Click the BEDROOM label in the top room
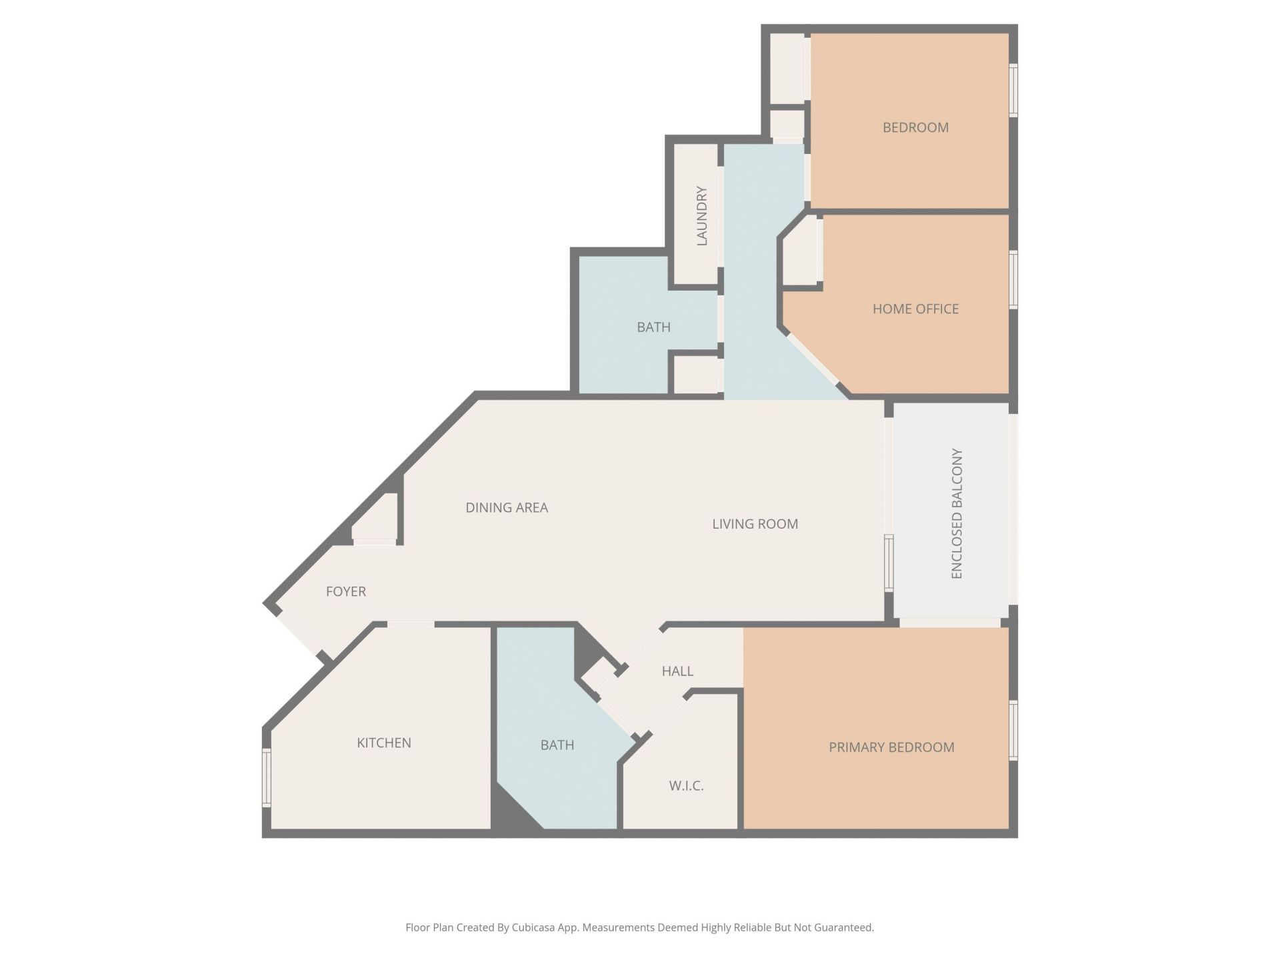[915, 127]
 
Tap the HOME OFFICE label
[915, 309]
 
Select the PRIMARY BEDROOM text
[891, 747]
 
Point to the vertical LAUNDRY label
[701, 216]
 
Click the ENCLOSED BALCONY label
[957, 513]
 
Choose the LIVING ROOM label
[755, 524]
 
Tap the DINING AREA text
[507, 507]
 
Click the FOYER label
[345, 591]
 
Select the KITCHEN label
[383, 743]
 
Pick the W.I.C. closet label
[686, 786]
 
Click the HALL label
[677, 671]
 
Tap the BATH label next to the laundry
[653, 327]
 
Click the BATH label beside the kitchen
[557, 745]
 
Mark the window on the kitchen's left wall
[267, 778]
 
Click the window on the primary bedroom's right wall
[1013, 730]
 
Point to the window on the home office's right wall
[1013, 279]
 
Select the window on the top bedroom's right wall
[1013, 90]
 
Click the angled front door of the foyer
[299, 634]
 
